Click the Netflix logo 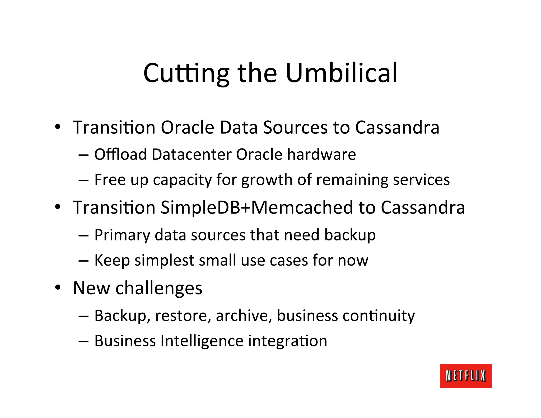point(465,376)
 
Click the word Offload point(120,154)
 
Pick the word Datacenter point(192,154)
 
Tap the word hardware point(321,154)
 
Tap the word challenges point(159,288)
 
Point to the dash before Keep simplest point(83,261)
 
